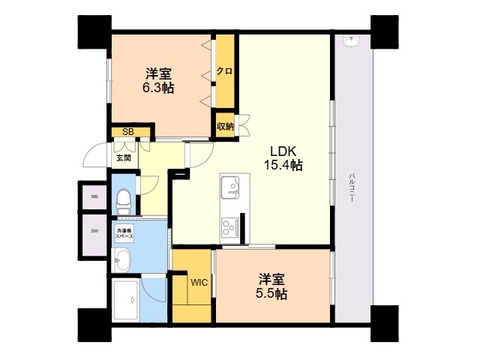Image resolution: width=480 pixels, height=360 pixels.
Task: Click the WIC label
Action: click(199, 283)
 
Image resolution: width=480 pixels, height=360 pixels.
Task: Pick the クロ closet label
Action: click(224, 71)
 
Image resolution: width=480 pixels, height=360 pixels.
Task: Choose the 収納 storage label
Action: click(224, 126)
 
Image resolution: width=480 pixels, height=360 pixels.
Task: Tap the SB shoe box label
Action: click(128, 133)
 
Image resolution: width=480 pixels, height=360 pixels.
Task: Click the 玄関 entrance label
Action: click(123, 158)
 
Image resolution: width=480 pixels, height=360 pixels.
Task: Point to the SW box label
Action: click(94, 230)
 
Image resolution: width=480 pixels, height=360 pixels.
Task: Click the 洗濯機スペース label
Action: click(124, 232)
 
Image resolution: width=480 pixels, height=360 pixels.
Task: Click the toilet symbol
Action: click(124, 200)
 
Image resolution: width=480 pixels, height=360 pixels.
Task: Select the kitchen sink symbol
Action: click(231, 184)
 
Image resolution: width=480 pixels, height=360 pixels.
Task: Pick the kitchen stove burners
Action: click(229, 224)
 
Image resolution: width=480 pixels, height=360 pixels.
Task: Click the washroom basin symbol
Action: click(122, 260)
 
